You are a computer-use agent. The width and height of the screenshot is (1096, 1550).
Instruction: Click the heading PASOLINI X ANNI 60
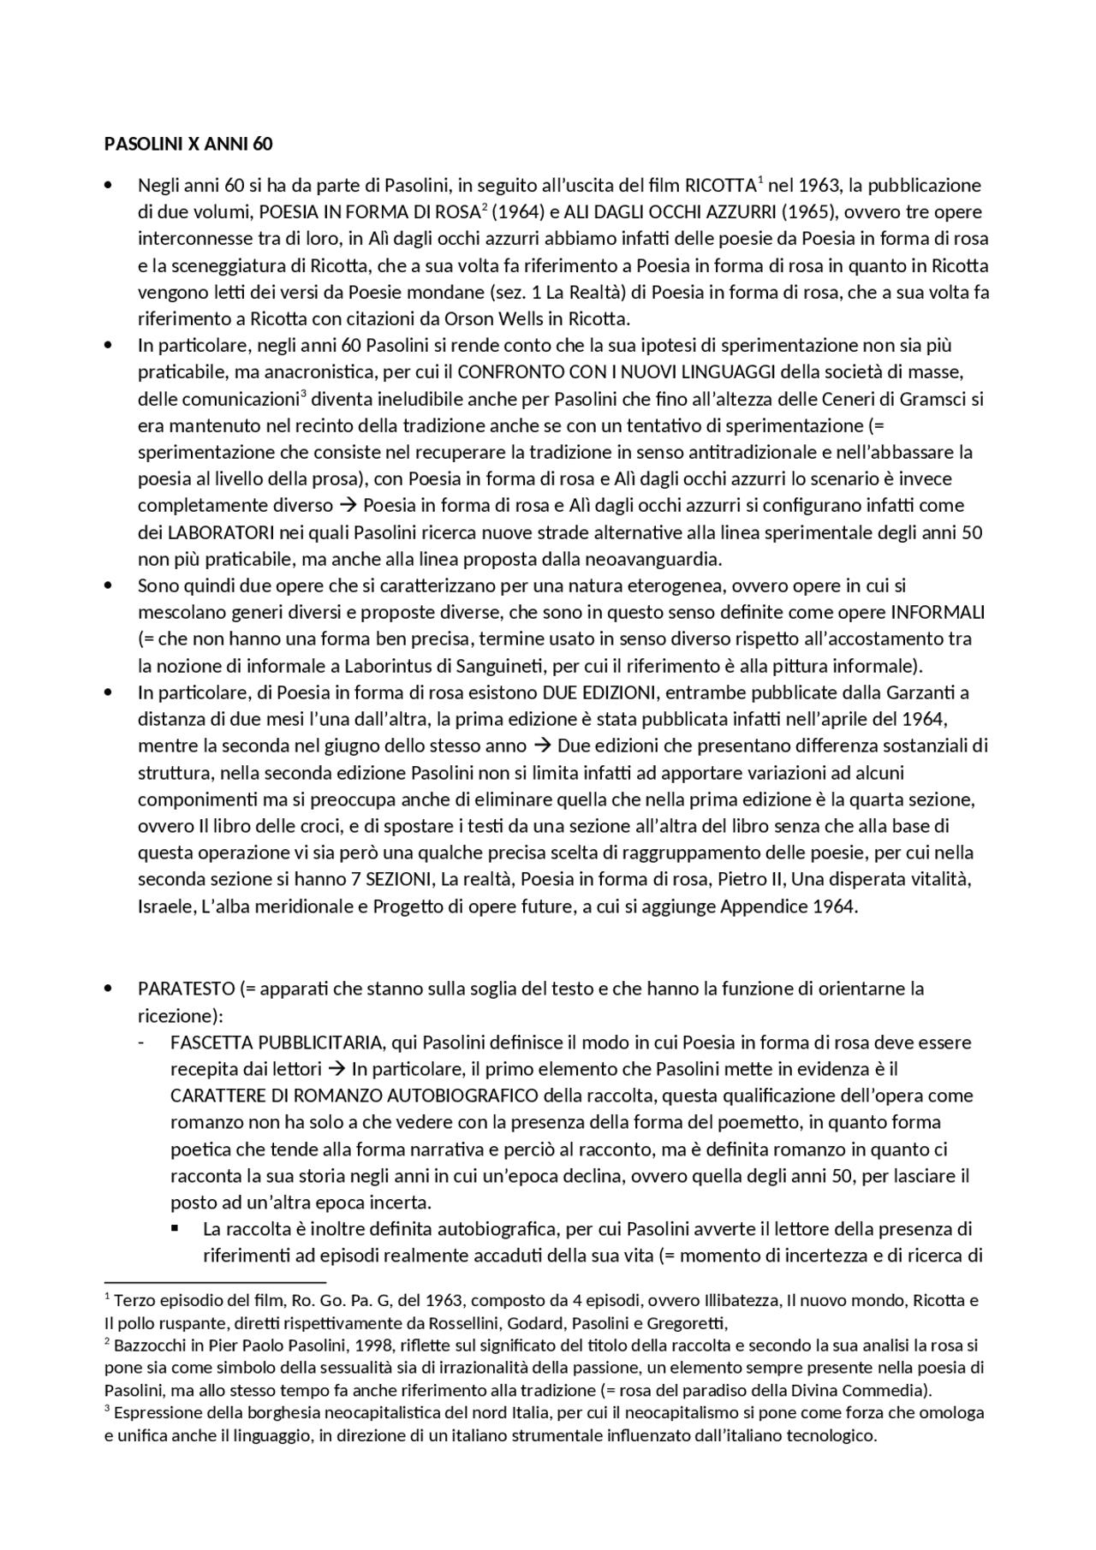pos(188,144)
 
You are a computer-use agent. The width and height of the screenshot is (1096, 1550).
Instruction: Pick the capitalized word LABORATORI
pos(221,532)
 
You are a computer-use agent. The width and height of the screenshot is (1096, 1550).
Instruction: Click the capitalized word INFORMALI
pos(938,613)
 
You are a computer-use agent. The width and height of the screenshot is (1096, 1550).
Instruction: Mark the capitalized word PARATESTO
pos(186,989)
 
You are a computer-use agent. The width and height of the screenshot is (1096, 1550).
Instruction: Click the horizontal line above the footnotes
pos(215,1282)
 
